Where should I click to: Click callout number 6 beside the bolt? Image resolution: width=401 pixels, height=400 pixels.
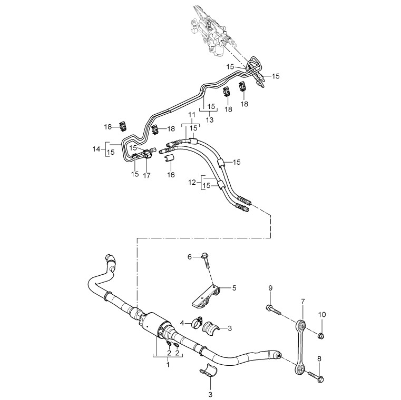(x=190, y=256)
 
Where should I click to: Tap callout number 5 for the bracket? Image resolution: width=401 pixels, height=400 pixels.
(x=234, y=288)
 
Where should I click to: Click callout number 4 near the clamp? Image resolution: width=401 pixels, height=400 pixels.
(x=183, y=323)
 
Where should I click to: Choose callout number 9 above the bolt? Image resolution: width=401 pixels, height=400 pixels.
(x=270, y=288)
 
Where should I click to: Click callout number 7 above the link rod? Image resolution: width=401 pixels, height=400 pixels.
(x=302, y=302)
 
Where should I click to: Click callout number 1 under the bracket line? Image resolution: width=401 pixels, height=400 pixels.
(x=168, y=364)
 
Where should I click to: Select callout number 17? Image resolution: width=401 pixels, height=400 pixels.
(x=146, y=175)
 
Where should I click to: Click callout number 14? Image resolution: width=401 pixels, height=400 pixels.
(x=96, y=149)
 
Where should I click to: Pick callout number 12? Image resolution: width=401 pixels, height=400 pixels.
(x=192, y=182)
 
